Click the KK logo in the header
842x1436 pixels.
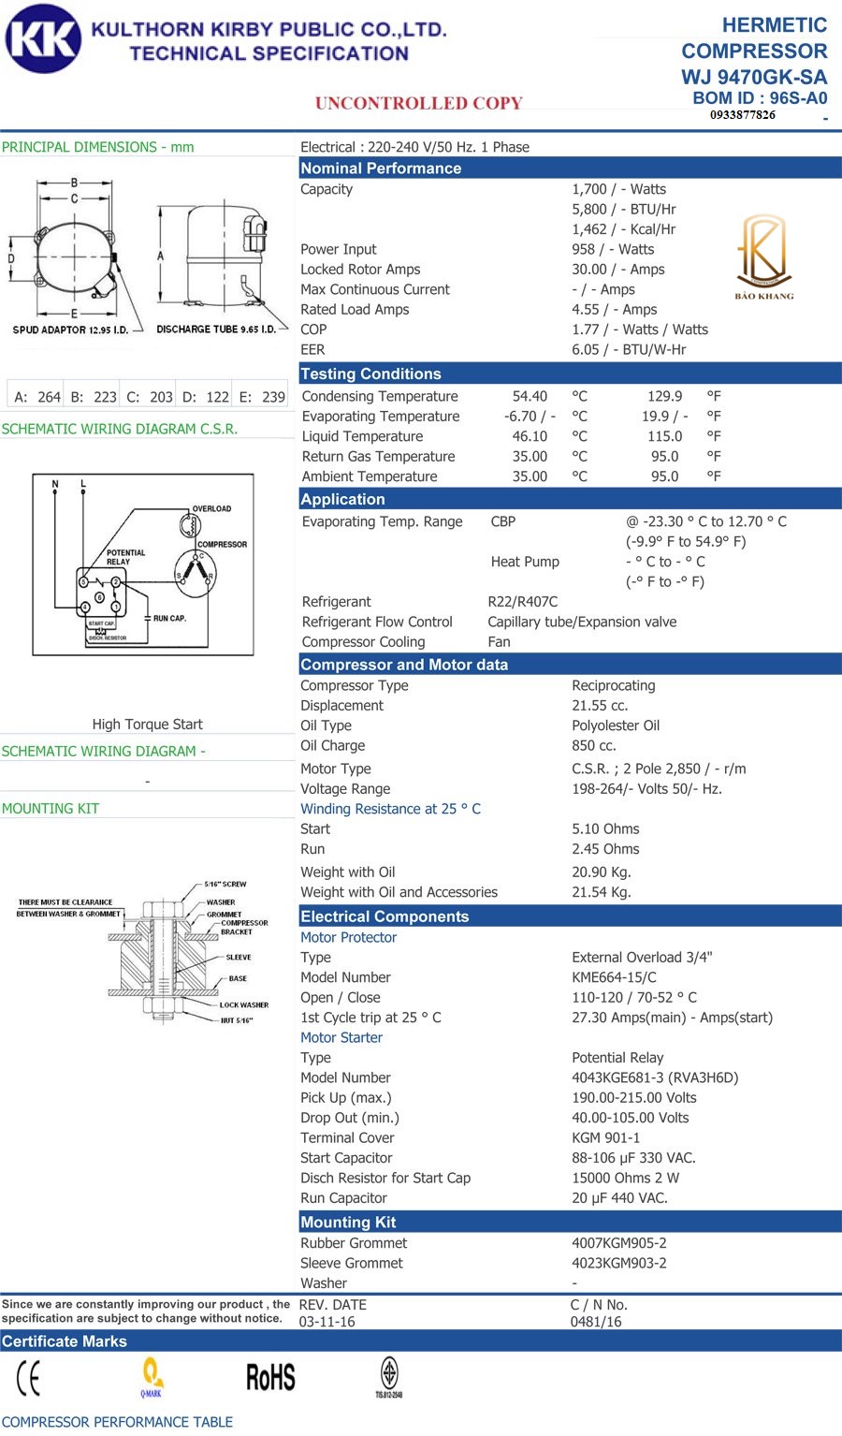43,38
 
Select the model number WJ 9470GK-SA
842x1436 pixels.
754,77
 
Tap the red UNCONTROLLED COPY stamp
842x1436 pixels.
418,103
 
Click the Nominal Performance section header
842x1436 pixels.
381,169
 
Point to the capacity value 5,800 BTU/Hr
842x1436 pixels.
623,209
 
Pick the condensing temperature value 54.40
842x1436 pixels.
530,396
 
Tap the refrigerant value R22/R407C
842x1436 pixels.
522,602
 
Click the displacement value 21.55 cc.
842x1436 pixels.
600,706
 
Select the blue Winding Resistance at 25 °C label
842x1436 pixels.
390,809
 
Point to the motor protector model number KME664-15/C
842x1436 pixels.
614,977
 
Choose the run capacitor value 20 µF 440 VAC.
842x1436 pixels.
619,1198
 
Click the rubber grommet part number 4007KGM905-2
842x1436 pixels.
619,1243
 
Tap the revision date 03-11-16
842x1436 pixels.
327,1322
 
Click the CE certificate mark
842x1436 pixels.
29,1377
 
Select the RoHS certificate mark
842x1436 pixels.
270,1377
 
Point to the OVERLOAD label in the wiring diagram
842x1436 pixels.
211,509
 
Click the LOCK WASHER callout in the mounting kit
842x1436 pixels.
243,1004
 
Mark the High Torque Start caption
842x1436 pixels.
147,725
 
